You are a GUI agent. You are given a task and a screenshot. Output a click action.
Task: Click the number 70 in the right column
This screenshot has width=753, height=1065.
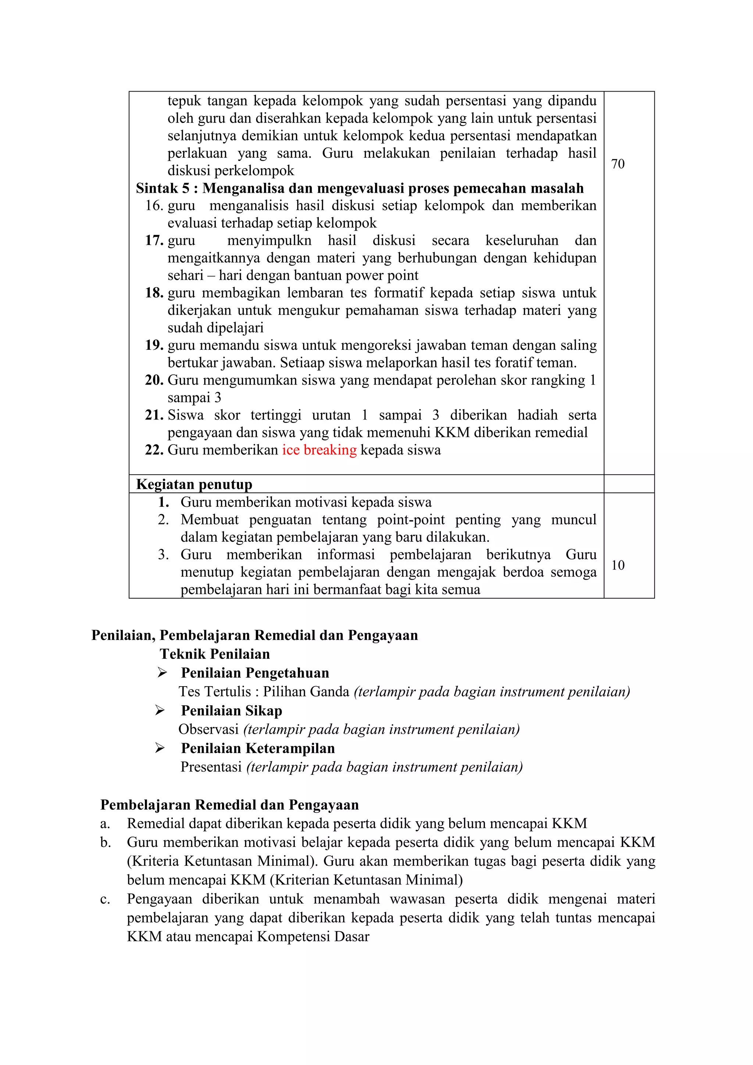point(618,164)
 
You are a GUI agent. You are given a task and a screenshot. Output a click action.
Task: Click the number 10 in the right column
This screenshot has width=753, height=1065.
point(618,566)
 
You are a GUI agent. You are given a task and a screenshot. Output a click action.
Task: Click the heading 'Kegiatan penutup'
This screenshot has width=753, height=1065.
point(194,485)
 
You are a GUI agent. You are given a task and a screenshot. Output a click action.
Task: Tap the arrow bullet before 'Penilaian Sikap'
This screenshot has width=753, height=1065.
point(160,710)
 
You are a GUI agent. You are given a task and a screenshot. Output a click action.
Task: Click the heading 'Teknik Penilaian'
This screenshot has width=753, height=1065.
point(215,654)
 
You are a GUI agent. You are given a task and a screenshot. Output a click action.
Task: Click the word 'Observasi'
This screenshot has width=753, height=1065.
point(208,730)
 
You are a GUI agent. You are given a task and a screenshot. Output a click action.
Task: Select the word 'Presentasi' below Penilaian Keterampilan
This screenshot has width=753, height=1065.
point(211,767)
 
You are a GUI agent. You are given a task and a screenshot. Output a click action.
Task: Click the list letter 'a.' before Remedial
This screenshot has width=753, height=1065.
point(105,824)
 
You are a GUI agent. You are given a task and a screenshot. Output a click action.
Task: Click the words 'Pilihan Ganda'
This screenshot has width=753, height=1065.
point(306,692)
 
